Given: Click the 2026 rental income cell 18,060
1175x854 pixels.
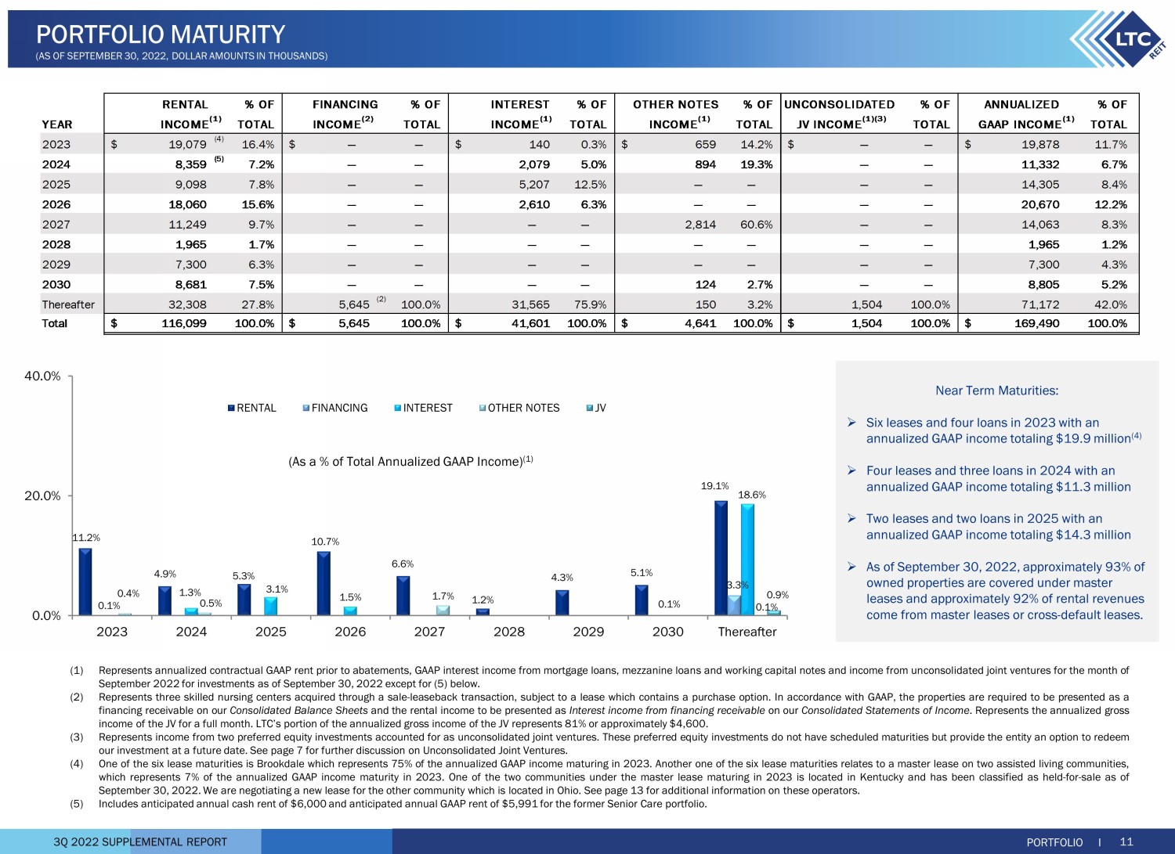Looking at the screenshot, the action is pyautogui.click(x=187, y=204).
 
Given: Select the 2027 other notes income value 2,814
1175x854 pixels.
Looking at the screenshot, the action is pyautogui.click(x=700, y=225).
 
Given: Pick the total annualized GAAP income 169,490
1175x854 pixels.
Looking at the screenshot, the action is pyautogui.click(x=1036, y=323).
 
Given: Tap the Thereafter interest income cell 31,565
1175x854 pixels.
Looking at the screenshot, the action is pyautogui.click(x=531, y=304).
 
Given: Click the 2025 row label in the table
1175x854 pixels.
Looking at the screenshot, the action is pyautogui.click(x=56, y=185).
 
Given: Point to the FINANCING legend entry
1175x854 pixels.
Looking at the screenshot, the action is pyautogui.click(x=335, y=408).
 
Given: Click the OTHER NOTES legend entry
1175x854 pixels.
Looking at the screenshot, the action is pyautogui.click(x=519, y=408).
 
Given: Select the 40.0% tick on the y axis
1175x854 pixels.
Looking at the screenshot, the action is pyautogui.click(x=42, y=376).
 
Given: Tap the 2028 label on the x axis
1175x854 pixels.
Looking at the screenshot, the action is pyautogui.click(x=509, y=632).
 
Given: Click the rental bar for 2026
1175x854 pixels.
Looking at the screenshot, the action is pyautogui.click(x=324, y=583).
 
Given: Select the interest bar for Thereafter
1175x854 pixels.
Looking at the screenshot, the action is pyautogui.click(x=747, y=560).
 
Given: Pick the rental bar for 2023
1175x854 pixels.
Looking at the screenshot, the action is pyautogui.click(x=85, y=582).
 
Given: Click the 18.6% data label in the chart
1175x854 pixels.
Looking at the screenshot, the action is pyautogui.click(x=752, y=495).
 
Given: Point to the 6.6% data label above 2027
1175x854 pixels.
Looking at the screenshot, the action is pyautogui.click(x=403, y=564).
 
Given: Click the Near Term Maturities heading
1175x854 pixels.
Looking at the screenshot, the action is pyautogui.click(x=996, y=391).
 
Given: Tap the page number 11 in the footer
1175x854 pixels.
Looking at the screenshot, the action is pyautogui.click(x=1126, y=841).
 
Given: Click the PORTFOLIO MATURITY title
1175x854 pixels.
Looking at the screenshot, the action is pyautogui.click(x=161, y=34).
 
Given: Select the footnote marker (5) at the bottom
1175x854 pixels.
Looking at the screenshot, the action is pyautogui.click(x=77, y=804).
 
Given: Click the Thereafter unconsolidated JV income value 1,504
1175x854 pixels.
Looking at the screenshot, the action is pyautogui.click(x=866, y=304).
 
